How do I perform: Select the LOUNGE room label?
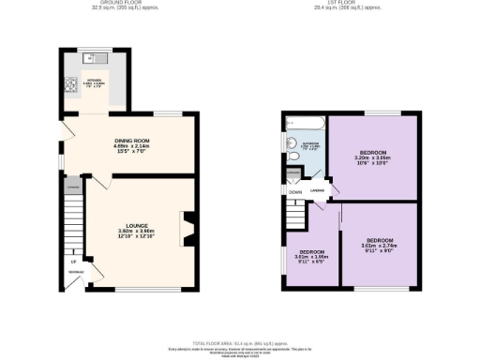pyautogui.click(x=138, y=225)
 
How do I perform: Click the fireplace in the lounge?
pyautogui.click(x=189, y=228)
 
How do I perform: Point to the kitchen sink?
pyautogui.click(x=100, y=58)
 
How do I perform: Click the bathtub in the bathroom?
pyautogui.click(x=305, y=125)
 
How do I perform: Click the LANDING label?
pyautogui.click(x=319, y=190)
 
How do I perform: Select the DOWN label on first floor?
pyautogui.click(x=294, y=193)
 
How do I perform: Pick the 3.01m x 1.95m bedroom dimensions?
pyautogui.click(x=311, y=257)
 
